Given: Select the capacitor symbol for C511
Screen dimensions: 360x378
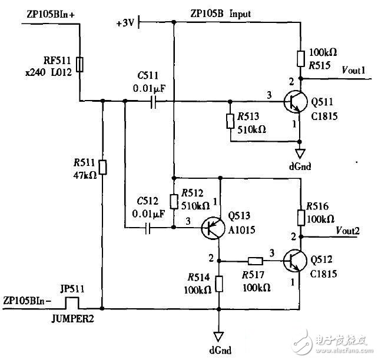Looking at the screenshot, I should click(152, 102).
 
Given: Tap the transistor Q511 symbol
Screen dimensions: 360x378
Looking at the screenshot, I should click(292, 102).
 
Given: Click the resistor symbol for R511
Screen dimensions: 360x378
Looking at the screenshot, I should click(102, 168).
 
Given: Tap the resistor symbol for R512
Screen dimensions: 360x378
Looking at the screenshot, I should click(173, 201).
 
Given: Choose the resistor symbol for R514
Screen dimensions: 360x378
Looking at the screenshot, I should click(219, 284).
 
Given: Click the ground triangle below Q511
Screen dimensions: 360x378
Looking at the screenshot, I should click(301, 154).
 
